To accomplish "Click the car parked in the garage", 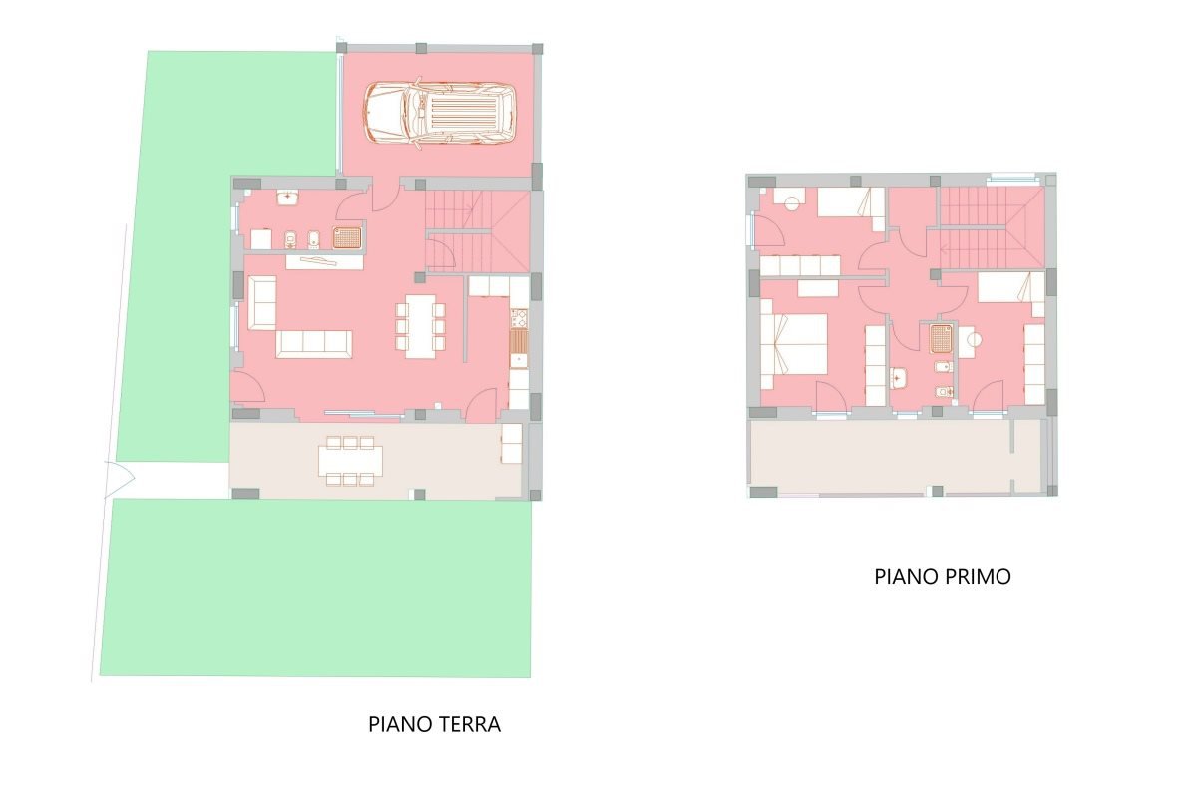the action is (440, 113).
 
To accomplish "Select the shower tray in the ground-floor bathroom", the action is (347, 237).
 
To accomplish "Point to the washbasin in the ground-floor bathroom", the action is (287, 198).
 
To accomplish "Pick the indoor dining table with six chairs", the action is (420, 326).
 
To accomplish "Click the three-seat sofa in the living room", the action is (314, 344).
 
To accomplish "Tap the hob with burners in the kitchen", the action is (519, 318).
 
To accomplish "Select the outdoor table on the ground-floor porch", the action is (350, 461).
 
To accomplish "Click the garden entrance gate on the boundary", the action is (119, 479).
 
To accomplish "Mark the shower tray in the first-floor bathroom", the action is (941, 339).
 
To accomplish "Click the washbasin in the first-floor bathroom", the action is (900, 378).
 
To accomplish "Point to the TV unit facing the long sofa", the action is (325, 262).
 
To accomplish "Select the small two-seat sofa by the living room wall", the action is (262, 302).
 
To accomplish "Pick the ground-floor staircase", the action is (477, 230).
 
